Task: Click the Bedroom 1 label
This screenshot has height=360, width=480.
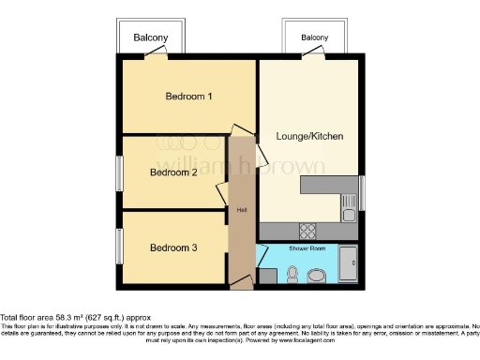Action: (188, 96)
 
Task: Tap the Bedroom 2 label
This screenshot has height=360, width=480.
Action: (173, 172)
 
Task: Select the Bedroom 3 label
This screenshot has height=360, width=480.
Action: (173, 247)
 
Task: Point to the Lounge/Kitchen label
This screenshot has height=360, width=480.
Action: (309, 137)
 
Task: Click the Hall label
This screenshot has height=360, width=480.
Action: (241, 209)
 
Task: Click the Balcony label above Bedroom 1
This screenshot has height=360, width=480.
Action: (150, 37)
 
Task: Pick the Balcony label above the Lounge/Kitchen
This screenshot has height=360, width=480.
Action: (315, 37)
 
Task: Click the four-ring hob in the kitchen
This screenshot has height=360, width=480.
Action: (307, 230)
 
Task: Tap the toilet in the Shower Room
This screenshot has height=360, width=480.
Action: (292, 274)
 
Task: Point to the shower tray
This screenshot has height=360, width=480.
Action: (349, 265)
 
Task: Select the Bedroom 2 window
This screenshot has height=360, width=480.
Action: (118, 173)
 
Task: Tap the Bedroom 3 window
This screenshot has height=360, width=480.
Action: (118, 247)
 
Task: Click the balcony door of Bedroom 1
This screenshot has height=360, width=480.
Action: (155, 55)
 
